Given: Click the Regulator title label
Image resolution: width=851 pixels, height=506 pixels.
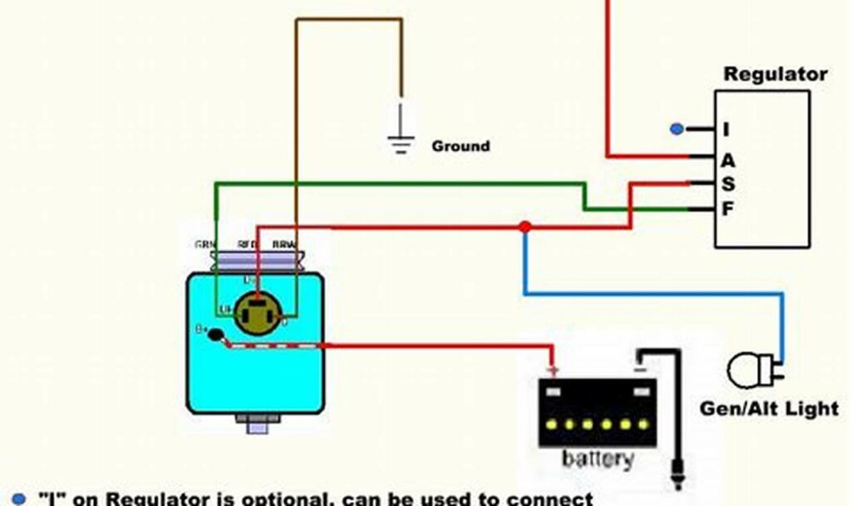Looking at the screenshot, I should click(x=775, y=74).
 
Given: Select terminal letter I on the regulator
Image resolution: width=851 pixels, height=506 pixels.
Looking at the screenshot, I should click(x=726, y=130).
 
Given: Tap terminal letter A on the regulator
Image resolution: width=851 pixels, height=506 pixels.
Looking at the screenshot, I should click(x=727, y=160).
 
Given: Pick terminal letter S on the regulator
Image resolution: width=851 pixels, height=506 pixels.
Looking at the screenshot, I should click(x=727, y=184).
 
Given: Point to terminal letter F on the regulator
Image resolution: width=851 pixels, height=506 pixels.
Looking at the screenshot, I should click(x=727, y=209).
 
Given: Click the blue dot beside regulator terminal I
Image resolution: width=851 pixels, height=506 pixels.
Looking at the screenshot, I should click(x=677, y=129).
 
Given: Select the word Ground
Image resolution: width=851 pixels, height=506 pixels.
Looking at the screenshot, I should click(x=460, y=146).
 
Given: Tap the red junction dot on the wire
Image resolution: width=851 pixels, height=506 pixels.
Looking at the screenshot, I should click(x=524, y=227).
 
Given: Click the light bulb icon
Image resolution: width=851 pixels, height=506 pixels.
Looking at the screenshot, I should click(x=746, y=370).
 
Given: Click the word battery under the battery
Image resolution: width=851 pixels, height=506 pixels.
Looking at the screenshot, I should click(x=598, y=459).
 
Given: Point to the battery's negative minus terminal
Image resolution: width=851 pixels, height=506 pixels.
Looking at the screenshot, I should click(x=639, y=365).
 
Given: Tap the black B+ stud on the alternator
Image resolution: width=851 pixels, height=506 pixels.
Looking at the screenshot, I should click(x=214, y=335).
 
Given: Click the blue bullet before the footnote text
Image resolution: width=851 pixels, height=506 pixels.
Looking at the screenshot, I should click(x=19, y=498).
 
